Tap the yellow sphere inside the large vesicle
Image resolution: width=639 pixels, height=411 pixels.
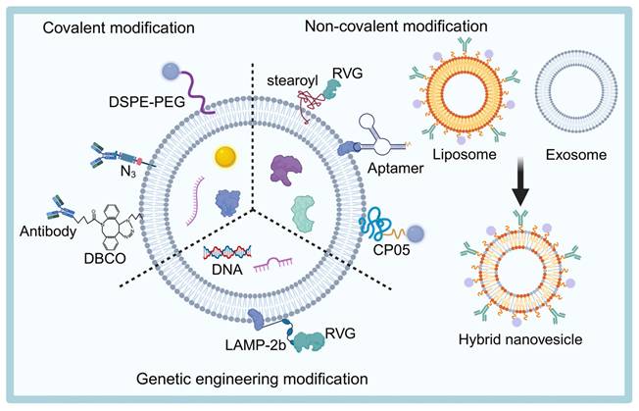click(226, 154)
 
